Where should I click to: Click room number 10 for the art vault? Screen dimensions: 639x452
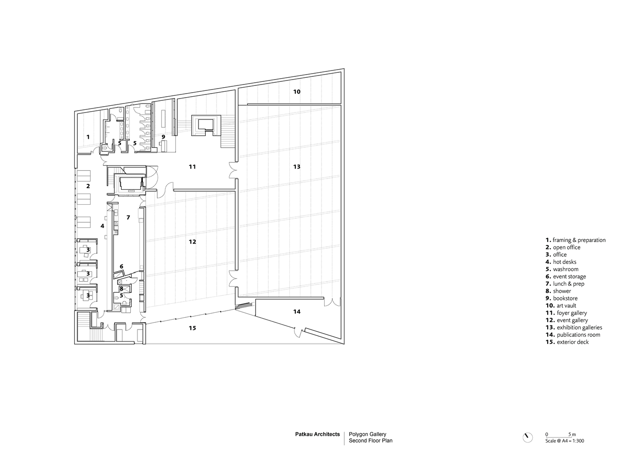pyautogui.click(x=297, y=92)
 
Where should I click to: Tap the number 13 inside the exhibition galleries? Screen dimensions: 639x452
pyautogui.click(x=297, y=166)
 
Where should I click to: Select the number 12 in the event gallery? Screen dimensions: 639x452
pyautogui.click(x=192, y=242)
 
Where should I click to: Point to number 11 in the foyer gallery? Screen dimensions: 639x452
pyautogui.click(x=192, y=166)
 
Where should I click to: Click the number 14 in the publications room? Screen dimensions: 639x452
pyautogui.click(x=297, y=312)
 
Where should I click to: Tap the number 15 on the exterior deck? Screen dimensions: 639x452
pyautogui.click(x=192, y=328)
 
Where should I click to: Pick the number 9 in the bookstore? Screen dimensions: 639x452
pyautogui.click(x=163, y=137)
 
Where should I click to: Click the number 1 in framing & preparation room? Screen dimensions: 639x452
pyautogui.click(x=88, y=137)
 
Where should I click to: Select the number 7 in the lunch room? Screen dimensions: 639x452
pyautogui.click(x=128, y=217)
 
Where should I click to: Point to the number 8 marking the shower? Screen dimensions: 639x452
pyautogui.click(x=121, y=289)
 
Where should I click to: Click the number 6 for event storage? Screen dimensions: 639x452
pyautogui.click(x=121, y=266)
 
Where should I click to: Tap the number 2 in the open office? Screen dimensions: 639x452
pyautogui.click(x=88, y=186)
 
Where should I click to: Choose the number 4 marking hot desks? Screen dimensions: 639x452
pyautogui.click(x=102, y=226)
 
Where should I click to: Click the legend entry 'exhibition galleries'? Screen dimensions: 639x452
pyautogui.click(x=579, y=327)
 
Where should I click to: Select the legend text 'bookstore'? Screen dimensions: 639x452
pyautogui.click(x=565, y=298)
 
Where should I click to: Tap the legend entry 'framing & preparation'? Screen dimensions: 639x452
pyautogui.click(x=579, y=240)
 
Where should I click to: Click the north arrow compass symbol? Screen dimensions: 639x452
pyautogui.click(x=528, y=438)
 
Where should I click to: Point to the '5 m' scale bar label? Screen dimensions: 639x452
pyautogui.click(x=572, y=434)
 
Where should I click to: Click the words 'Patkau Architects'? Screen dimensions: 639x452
pyautogui.click(x=317, y=434)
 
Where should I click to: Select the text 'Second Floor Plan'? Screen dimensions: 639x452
pyautogui.click(x=370, y=441)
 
